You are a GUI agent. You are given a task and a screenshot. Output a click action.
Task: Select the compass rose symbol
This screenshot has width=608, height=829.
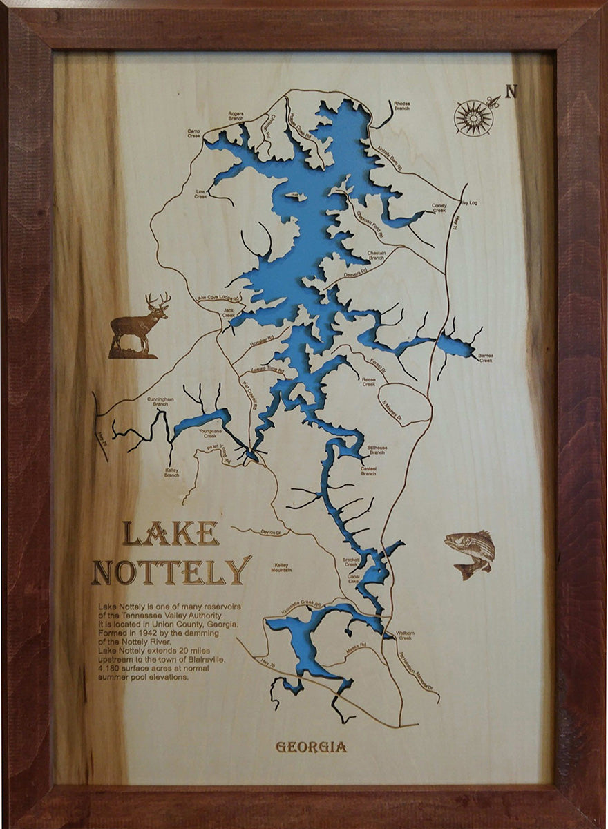(x=474, y=117)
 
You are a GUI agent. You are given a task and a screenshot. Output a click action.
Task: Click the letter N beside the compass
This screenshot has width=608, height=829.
(x=511, y=91)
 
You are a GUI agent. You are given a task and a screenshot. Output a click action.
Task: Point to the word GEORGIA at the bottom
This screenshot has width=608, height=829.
(x=311, y=747)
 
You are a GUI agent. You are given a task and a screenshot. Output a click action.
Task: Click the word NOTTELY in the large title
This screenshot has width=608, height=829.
(x=171, y=571)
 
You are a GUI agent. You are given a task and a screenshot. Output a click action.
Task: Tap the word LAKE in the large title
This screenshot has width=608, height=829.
(x=171, y=533)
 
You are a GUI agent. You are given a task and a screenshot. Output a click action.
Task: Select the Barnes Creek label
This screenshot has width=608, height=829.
(x=486, y=357)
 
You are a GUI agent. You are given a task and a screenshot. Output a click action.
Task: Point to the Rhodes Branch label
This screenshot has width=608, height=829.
(x=401, y=106)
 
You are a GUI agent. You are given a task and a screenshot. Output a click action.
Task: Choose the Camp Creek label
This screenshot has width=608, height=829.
(x=193, y=132)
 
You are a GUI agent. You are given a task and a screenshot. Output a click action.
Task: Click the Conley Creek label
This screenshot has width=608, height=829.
(x=439, y=207)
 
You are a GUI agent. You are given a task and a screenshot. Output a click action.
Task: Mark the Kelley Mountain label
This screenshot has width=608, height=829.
(x=281, y=568)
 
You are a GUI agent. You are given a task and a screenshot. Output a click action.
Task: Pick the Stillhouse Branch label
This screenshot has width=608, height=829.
(x=377, y=450)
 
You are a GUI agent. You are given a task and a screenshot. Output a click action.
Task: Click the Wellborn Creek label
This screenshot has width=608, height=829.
(x=404, y=635)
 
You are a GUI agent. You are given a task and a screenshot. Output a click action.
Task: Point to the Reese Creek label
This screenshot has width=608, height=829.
(x=368, y=381)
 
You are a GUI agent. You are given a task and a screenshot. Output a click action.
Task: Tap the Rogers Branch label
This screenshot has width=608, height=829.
(x=236, y=116)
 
